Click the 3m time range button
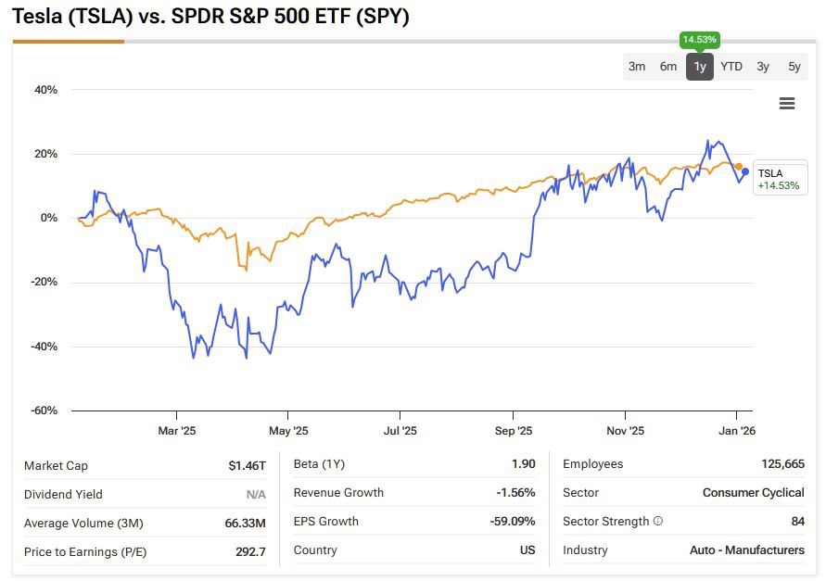click(637, 67)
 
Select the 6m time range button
click(668, 67)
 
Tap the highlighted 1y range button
click(700, 67)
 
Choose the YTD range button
click(731, 67)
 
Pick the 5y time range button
click(794, 67)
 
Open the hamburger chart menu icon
click(787, 104)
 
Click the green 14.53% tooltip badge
click(700, 40)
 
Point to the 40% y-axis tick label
click(45, 90)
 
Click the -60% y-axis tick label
click(44, 410)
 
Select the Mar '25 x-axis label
click(176, 431)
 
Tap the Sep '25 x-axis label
click(514, 431)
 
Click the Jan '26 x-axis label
click(737, 431)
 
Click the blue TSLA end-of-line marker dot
click(745, 171)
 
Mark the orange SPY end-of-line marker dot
click(739, 166)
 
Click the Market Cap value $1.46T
click(248, 465)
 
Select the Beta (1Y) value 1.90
click(523, 464)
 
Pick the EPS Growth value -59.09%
click(513, 522)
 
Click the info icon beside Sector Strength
click(658, 522)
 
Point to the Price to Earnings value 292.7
click(250, 552)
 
